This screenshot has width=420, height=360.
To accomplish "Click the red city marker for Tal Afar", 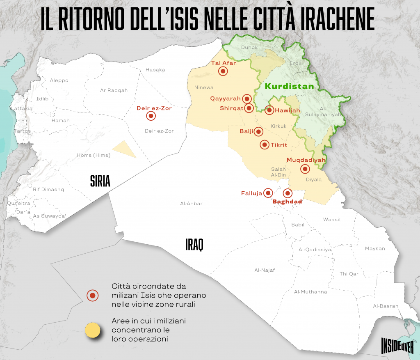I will coord(223,71).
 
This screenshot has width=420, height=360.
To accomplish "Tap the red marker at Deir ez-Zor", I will coord(151,116).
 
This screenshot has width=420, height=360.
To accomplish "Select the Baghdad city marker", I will coord(288,193).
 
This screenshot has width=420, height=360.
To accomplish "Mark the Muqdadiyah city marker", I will coord(305,168).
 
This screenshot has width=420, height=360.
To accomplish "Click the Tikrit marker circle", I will coord(265,144).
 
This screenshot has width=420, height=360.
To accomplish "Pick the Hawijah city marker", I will coord(269,110).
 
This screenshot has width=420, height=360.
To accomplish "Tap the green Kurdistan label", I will coord(289,87).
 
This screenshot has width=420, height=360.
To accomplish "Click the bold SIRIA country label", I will coord(100,181).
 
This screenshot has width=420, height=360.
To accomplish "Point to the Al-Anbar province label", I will coord(191,204).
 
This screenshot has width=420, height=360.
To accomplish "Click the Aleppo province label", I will coord(59,80).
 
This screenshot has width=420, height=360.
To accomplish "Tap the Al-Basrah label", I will coord(386,306).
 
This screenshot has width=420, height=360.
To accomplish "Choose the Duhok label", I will coord(249,48).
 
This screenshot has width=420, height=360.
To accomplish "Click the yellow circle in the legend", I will coord(92,330).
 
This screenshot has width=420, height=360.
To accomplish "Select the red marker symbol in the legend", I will coord(92,295).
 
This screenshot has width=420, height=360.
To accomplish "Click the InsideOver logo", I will coord(397,344).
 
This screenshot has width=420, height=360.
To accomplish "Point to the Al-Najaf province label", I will coord(265,270).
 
